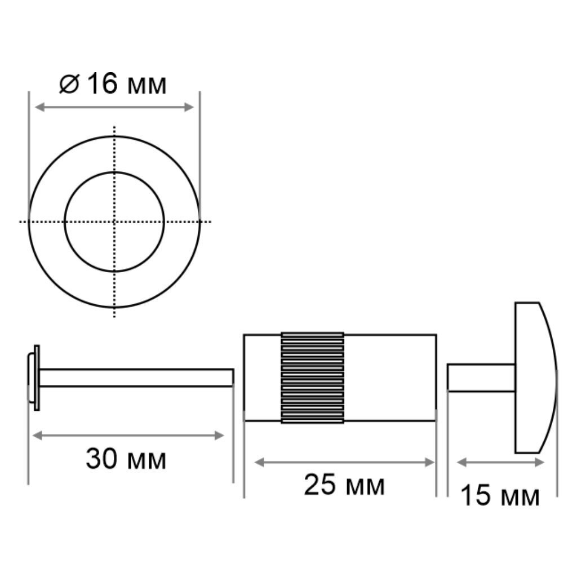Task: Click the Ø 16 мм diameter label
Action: pyautogui.click(x=113, y=83)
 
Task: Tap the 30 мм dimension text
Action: pyautogui.click(x=126, y=459)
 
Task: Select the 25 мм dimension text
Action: pyautogui.click(x=344, y=485)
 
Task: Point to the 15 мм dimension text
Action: pyautogui.click(x=500, y=495)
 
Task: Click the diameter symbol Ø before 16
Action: pyautogui.click(x=69, y=84)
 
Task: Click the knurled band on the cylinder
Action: pyautogui.click(x=312, y=378)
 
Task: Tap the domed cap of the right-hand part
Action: pyautogui.click(x=536, y=378)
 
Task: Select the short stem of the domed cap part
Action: pyautogui.click(x=481, y=378)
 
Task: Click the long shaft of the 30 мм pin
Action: pyautogui.click(x=136, y=378)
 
